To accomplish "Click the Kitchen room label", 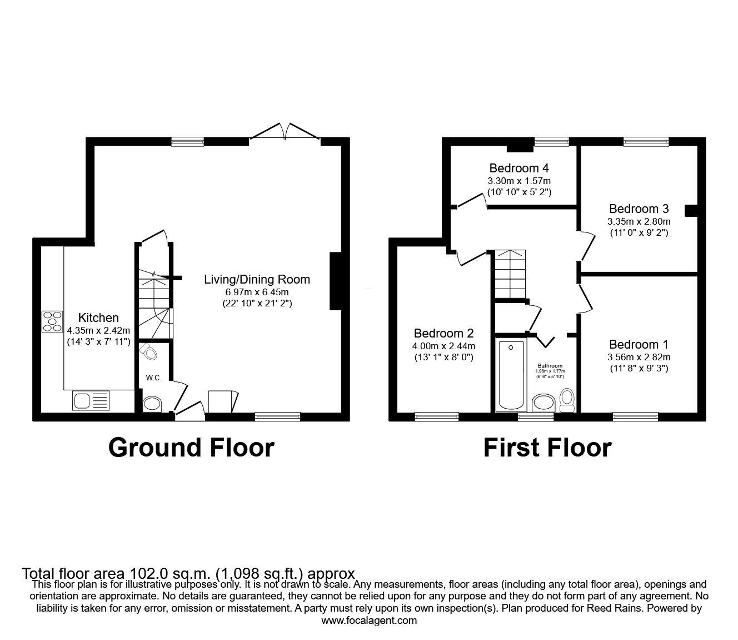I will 98,318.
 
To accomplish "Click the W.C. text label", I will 154,378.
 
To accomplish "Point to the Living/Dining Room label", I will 257,280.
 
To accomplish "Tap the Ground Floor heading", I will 191,448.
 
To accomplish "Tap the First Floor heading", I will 547,448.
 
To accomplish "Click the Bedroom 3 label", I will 639,209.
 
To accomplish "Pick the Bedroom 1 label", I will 639,345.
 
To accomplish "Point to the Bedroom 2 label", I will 443,334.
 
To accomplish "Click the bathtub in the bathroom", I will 511,375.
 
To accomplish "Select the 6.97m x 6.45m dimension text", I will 257,292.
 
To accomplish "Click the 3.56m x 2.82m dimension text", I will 639,358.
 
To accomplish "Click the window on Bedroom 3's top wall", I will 646,142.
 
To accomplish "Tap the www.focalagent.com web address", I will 369,621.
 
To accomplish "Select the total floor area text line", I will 188,573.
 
